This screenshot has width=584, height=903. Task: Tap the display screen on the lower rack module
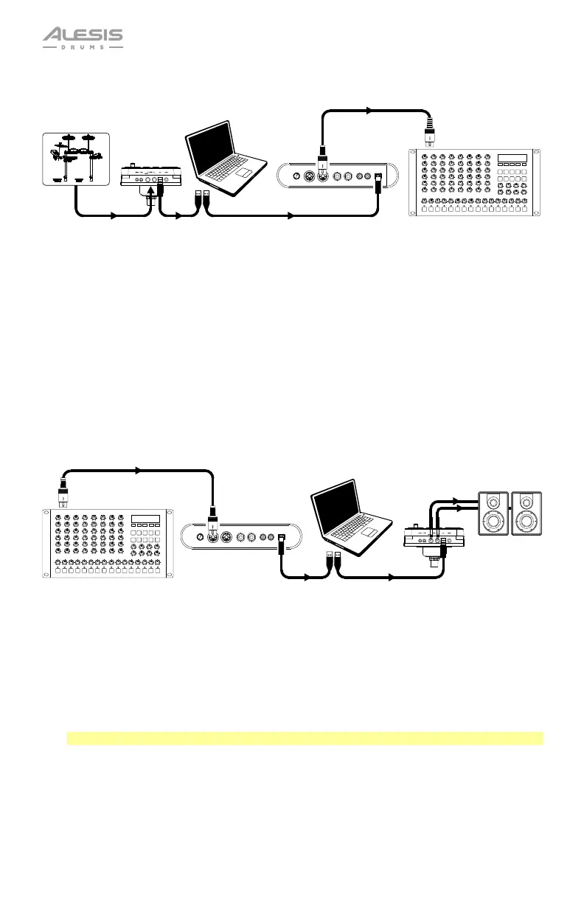(x=145, y=519)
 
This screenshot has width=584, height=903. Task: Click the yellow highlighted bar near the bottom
(x=305, y=738)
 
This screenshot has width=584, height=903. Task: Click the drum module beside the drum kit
(x=150, y=177)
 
